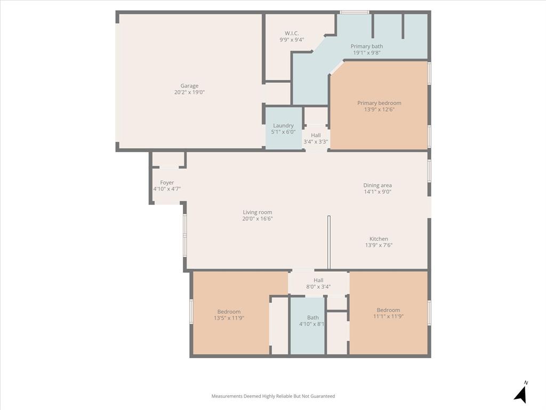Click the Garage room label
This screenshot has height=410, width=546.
(189, 86)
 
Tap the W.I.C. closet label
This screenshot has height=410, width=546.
(292, 33)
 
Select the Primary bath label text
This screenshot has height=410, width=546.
(366, 46)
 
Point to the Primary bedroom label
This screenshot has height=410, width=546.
(379, 103)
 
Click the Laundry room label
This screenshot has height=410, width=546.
(283, 125)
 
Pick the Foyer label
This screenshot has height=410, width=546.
(167, 183)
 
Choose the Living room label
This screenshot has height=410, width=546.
(258, 212)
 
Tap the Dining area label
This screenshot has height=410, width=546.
(378, 185)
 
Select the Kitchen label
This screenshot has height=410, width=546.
(379, 239)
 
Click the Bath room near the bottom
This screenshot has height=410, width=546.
(312, 318)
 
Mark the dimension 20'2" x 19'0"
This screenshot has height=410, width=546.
(189, 92)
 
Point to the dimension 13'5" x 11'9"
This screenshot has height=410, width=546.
(229, 318)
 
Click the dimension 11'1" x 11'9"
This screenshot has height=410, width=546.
(388, 316)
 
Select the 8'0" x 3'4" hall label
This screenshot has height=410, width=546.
(318, 287)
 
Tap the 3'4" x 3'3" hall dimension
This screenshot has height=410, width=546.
(316, 142)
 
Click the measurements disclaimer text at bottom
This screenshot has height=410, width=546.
(273, 396)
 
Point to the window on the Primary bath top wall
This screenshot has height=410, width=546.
(355, 12)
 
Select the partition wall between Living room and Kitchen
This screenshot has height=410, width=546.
(329, 242)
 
